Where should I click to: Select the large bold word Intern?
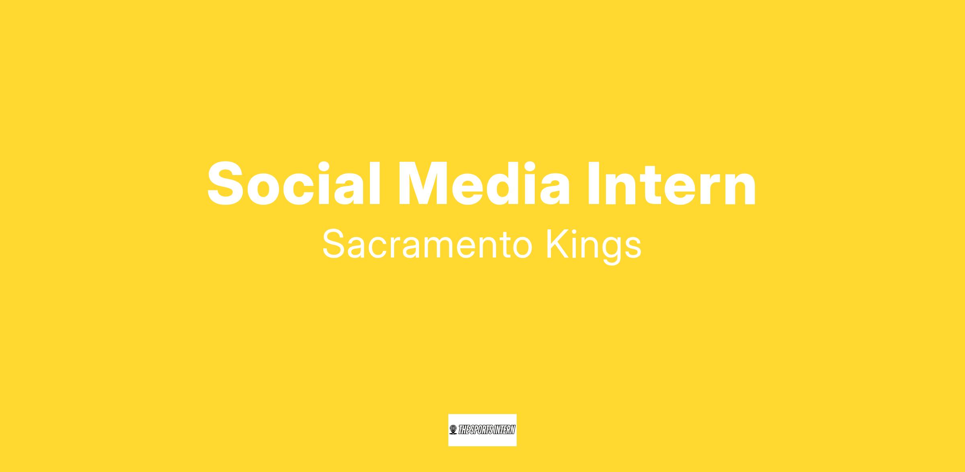click(x=671, y=183)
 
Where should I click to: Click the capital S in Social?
click(x=226, y=183)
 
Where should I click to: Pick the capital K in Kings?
click(x=557, y=244)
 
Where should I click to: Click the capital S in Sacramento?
click(x=334, y=244)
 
